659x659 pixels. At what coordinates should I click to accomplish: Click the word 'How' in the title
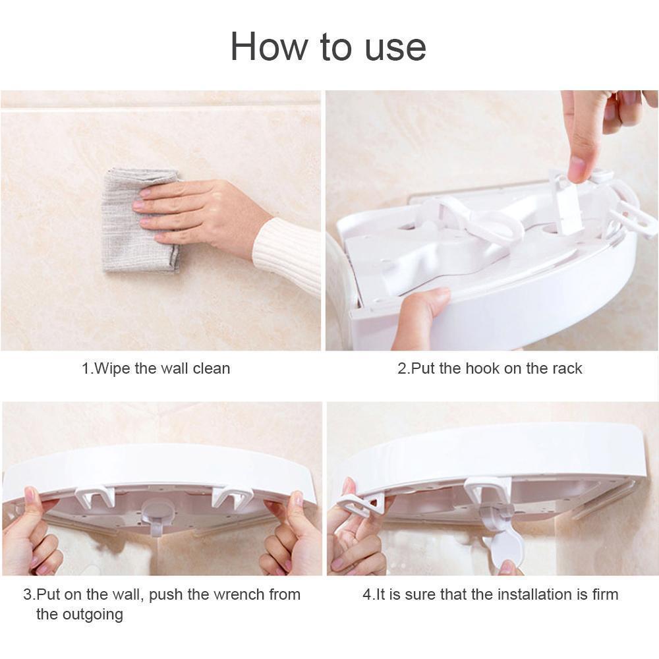(x=270, y=47)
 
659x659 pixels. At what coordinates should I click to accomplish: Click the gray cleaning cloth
(x=141, y=220)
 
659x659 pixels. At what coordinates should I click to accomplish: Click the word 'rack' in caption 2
(x=567, y=368)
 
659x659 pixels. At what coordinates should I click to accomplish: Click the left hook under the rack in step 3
(x=95, y=500)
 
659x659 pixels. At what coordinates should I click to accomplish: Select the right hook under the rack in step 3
(x=232, y=500)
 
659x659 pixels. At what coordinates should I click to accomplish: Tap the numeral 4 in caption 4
(x=367, y=594)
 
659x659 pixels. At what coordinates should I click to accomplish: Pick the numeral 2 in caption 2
(x=402, y=368)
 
